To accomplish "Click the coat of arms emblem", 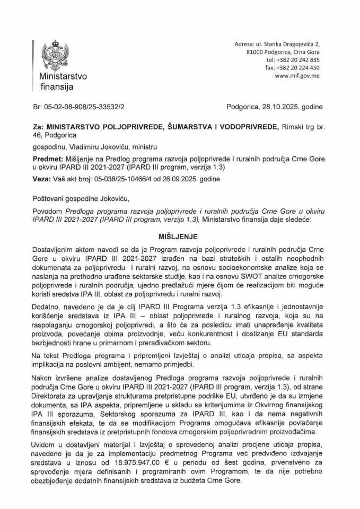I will click(56, 54).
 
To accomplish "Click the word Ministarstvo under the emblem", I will click(58, 76).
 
